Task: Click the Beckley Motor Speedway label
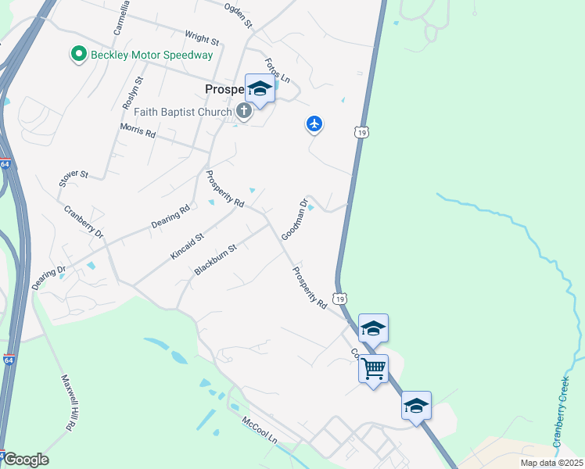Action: tap(152, 55)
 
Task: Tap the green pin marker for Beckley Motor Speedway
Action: tap(78, 55)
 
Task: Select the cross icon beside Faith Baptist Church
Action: tap(243, 111)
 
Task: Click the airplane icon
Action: tap(314, 123)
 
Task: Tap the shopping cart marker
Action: tap(374, 367)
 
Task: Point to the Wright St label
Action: tap(200, 36)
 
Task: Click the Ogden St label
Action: tap(239, 15)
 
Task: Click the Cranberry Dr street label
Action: tap(84, 220)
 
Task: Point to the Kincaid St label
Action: tap(188, 246)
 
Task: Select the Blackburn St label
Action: tap(215, 260)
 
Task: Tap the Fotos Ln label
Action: tap(278, 70)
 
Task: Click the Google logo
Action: tap(25, 460)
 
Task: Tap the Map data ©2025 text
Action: tap(551, 463)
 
